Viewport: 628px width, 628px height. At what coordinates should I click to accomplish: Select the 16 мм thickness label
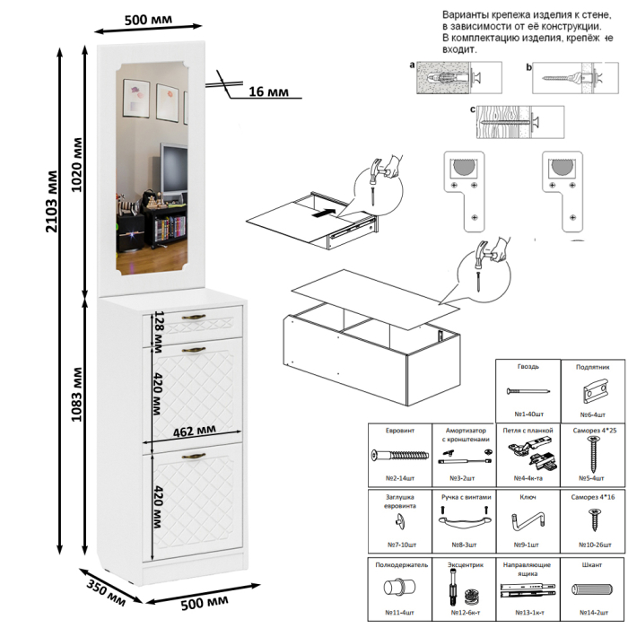266,92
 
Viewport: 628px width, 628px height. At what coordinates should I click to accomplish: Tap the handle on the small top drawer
195,318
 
